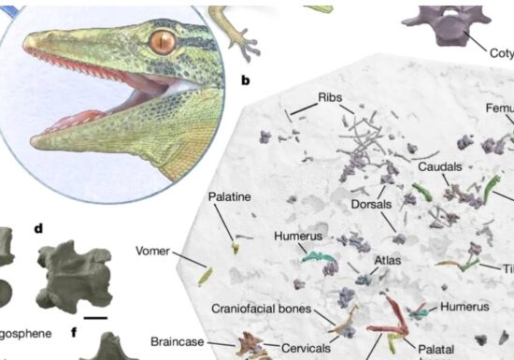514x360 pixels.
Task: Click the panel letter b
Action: (x=245, y=80)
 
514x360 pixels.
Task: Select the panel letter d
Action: (x=38, y=227)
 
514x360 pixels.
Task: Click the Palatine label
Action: (x=227, y=198)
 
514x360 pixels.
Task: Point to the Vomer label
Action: (x=152, y=251)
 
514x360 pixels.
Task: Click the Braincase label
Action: (x=177, y=341)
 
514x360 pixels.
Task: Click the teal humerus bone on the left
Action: (x=315, y=255)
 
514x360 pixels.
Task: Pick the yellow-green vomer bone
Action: (x=206, y=277)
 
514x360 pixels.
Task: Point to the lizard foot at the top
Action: (x=245, y=39)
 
